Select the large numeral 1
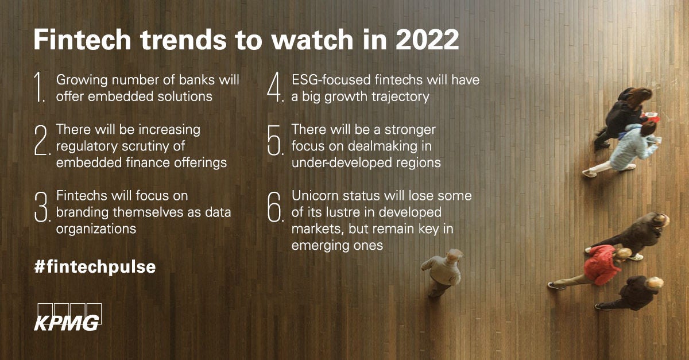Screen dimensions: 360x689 click(x=40, y=87)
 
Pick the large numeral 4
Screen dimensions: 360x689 click(x=276, y=87)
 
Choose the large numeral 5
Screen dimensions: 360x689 click(x=276, y=141)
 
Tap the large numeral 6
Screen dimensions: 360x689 click(x=276, y=207)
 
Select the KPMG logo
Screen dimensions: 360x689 click(x=67, y=317)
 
